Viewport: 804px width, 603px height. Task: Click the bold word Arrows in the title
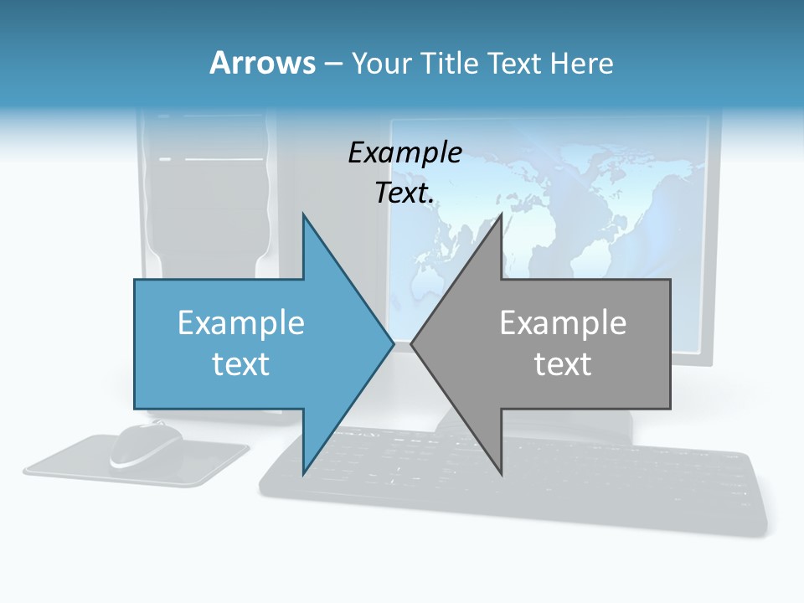[263, 63]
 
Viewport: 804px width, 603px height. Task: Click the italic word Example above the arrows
[405, 152]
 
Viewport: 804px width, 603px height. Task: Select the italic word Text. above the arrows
[405, 193]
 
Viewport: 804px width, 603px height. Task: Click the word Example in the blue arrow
[241, 322]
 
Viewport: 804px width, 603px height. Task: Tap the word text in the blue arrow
[241, 363]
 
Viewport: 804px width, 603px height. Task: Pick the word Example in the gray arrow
[563, 322]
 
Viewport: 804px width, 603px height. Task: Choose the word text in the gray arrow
[563, 363]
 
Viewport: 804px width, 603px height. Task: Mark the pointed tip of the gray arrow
[413, 343]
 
